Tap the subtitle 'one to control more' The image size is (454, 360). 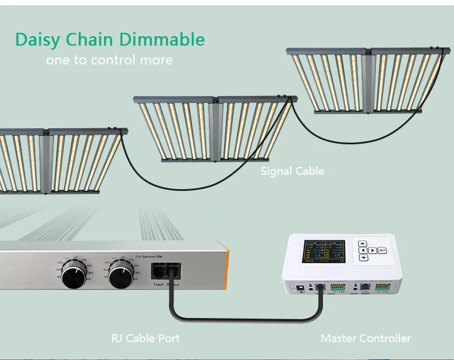pyautogui.click(x=109, y=60)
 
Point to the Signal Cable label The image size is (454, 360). pyautogui.click(x=292, y=171)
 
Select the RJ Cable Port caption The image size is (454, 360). pyautogui.click(x=145, y=338)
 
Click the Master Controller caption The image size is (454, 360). pyautogui.click(x=365, y=338)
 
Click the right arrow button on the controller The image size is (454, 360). pyautogui.click(x=372, y=250)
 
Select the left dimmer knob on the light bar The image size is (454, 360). pyautogui.click(x=76, y=275)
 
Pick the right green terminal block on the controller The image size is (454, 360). pyautogui.click(x=383, y=286)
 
